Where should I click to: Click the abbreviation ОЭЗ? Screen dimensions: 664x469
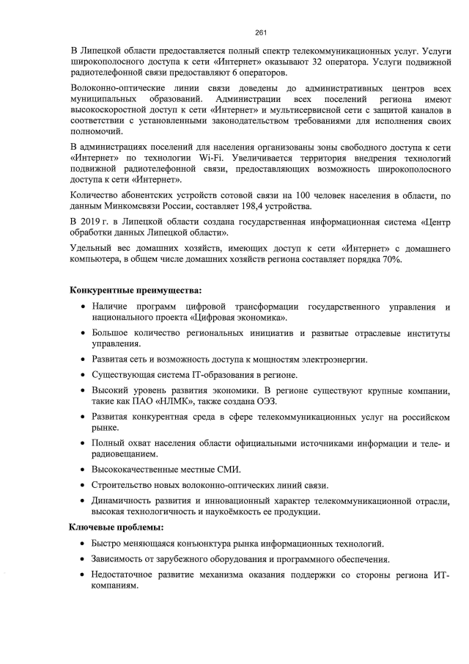click(x=267, y=402)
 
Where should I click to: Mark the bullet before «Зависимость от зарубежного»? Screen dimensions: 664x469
click(x=81, y=560)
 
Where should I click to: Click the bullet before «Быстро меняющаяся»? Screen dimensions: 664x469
click(x=81, y=544)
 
